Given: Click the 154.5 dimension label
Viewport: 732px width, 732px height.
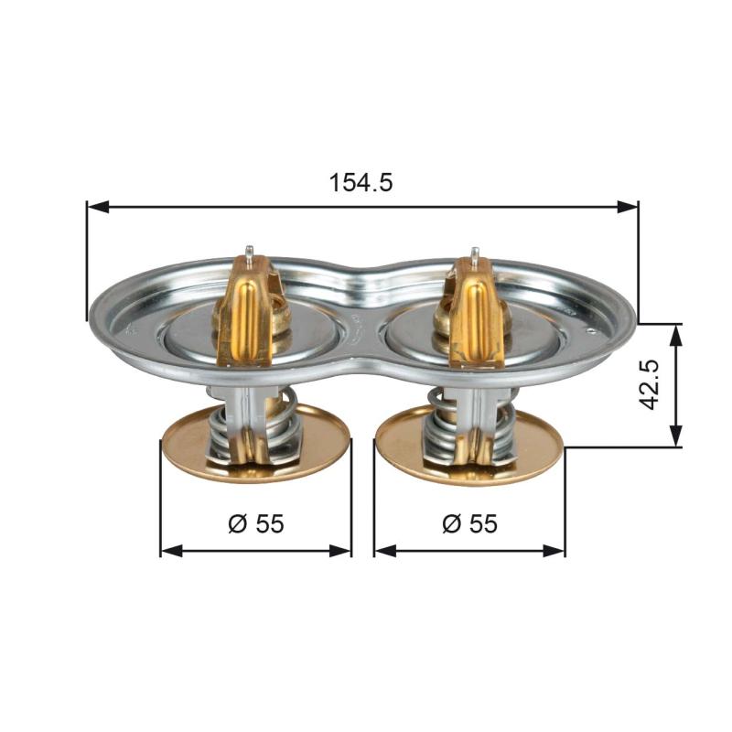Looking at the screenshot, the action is tap(361, 182).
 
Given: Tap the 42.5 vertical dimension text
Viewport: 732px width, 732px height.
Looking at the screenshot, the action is tap(649, 385).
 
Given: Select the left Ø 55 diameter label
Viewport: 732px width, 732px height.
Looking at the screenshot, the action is tap(256, 523).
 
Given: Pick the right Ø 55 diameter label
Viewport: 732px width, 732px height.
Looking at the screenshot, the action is tap(469, 523).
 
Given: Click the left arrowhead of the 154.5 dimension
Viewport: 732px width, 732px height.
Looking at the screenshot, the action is tap(98, 208).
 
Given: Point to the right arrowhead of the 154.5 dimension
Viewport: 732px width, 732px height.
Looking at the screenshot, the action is tap(628, 208).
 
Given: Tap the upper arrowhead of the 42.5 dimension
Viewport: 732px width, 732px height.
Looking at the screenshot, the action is tap(675, 334).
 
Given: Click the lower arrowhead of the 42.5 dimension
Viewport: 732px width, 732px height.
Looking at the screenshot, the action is tap(675, 436).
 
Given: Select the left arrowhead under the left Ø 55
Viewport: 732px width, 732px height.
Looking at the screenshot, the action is tap(171, 551).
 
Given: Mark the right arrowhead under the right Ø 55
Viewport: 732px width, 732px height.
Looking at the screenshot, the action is tap(554, 551).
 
